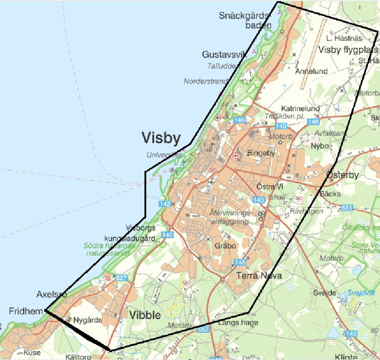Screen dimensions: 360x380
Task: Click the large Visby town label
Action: coord(161,138)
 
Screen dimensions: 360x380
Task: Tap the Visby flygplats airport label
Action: coord(349,50)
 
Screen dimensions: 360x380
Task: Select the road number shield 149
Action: coord(239,120)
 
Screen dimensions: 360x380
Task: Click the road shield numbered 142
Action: coord(165,204)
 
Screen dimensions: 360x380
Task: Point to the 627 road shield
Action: coord(122,278)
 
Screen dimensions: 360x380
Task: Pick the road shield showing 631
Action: coord(347,207)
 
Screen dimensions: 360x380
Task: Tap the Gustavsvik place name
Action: coord(225,54)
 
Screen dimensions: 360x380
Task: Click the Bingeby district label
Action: coord(261,153)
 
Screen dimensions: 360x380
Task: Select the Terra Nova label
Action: coord(259,276)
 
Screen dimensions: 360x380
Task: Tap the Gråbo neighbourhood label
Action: coord(225,246)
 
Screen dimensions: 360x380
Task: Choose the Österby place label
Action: coord(342,175)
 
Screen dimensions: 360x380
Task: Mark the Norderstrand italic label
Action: coord(206,81)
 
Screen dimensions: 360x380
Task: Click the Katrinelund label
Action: coord(300,108)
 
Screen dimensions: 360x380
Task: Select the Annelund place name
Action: coord(312,71)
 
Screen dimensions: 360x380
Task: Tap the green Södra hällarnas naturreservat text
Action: coord(111,250)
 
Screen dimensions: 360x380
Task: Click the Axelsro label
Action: coord(52,295)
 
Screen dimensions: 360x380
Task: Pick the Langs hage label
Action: coord(238,322)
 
